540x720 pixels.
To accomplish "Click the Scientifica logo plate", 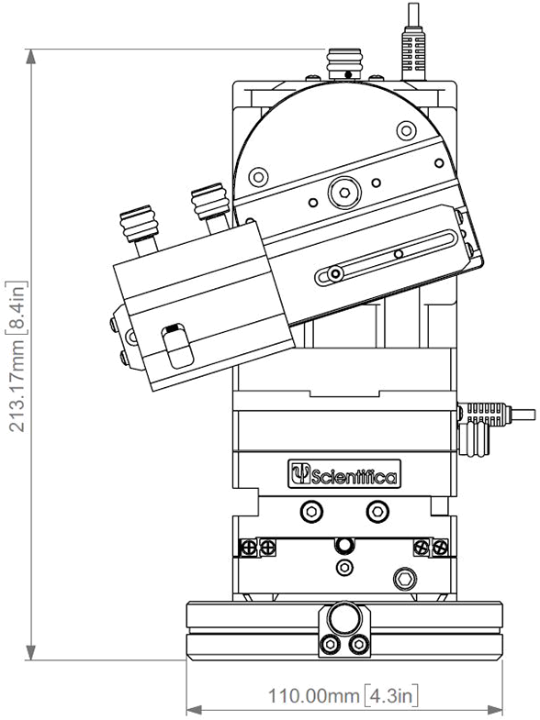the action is click(344, 473).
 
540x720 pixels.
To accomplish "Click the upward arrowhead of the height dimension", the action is click(31, 57).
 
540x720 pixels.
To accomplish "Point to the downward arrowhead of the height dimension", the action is click(31, 652).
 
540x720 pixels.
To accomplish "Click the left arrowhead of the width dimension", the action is click(195, 710).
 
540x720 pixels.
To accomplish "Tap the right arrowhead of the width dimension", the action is click(494, 710).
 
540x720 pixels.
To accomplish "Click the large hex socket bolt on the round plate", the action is click(343, 192).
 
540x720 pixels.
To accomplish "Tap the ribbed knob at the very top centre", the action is click(344, 65).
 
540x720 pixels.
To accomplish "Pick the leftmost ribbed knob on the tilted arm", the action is click(140, 224).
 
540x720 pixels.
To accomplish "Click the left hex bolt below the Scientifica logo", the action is click(311, 511).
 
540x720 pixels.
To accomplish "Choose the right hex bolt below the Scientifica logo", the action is click(377, 511).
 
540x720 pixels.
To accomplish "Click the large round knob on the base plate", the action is click(343, 619).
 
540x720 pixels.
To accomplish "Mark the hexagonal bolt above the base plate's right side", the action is click(405, 580).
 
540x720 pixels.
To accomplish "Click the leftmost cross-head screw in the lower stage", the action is click(249, 548).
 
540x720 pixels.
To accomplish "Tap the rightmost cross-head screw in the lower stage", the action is click(440, 548).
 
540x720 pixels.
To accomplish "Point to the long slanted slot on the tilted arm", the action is click(387, 258).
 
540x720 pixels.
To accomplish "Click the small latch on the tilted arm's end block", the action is click(177, 346).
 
